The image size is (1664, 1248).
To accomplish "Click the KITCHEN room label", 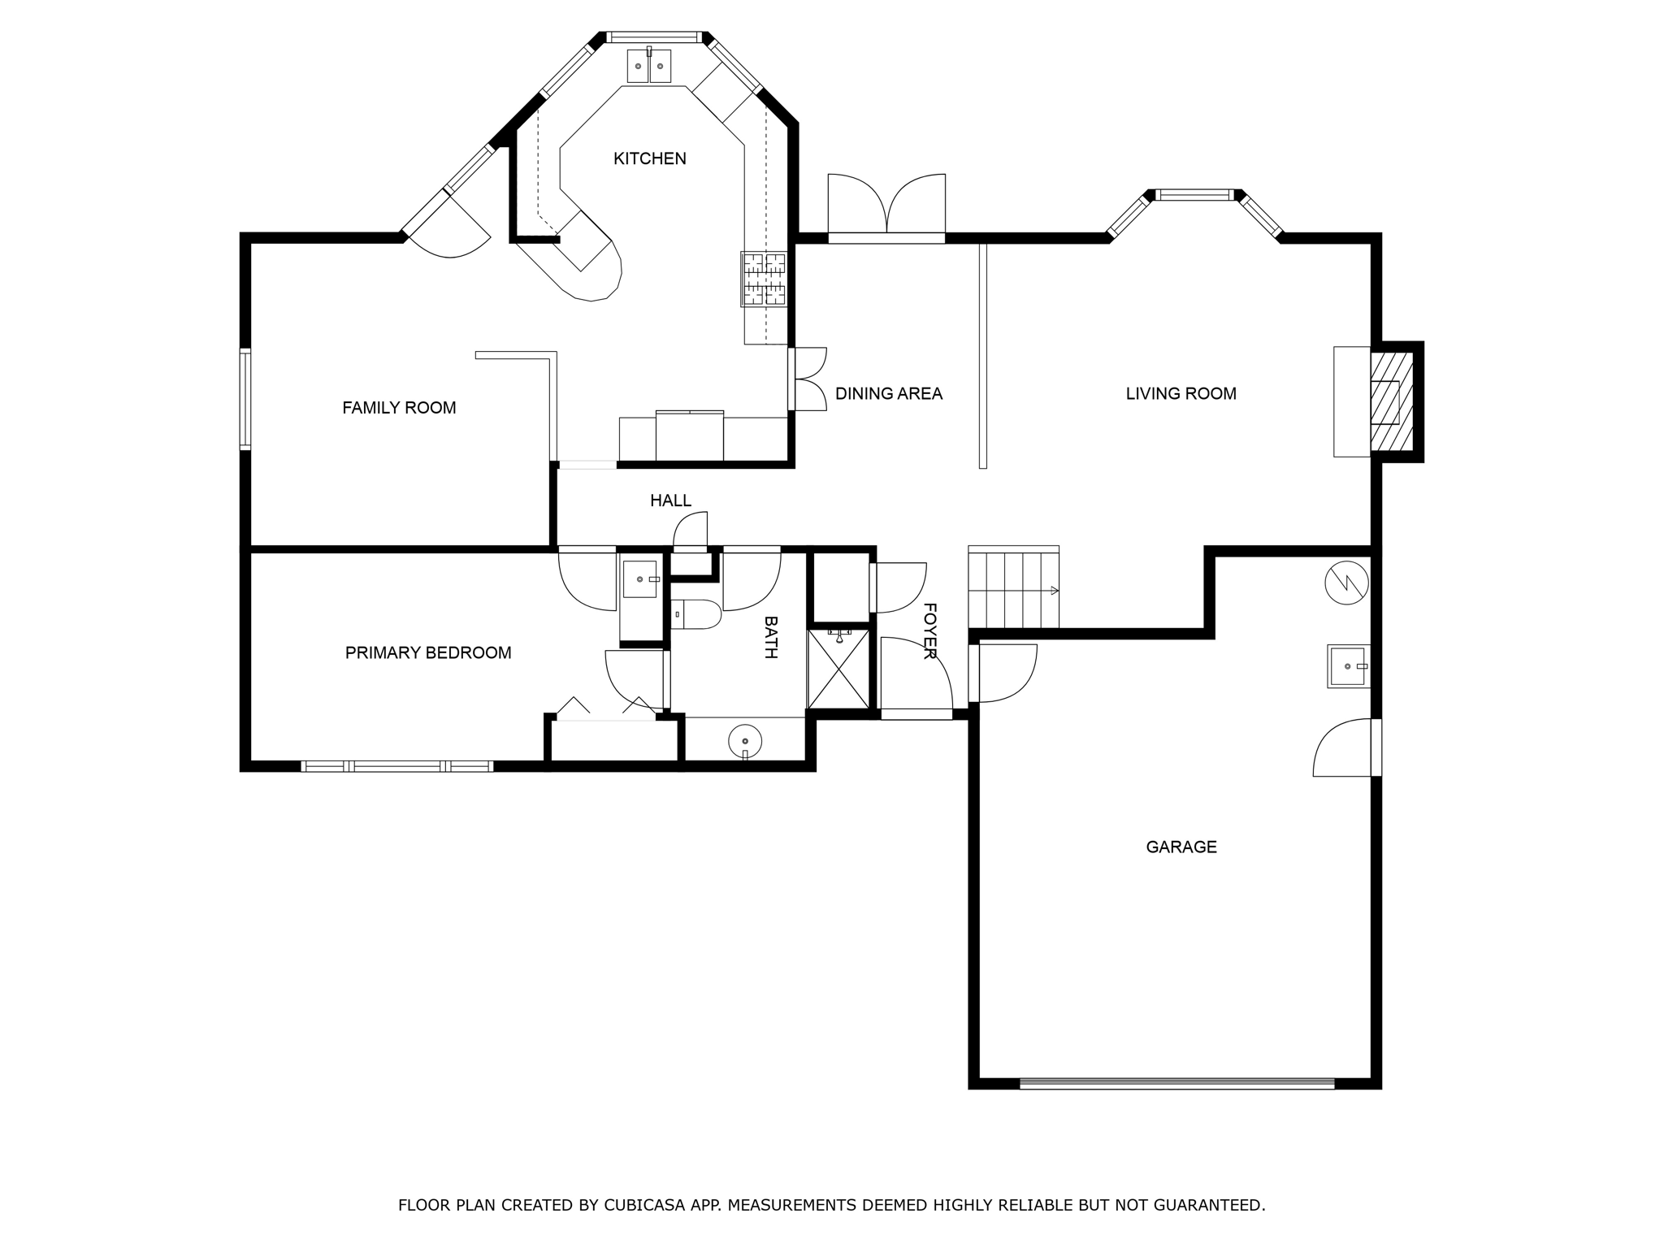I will (649, 158).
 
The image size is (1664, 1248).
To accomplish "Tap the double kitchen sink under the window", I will (649, 66).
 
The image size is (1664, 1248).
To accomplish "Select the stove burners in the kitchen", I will (764, 279).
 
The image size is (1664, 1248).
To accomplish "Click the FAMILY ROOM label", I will (399, 408).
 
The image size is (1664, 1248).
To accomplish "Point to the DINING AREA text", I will (889, 394).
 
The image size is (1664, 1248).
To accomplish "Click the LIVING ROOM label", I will (1181, 394).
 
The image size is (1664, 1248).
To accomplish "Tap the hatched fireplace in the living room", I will (1390, 402).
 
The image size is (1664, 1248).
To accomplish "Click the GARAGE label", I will (1181, 847).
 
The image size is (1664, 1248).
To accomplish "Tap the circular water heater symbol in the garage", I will (1346, 583).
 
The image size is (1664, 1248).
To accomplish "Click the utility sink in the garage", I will (1347, 666).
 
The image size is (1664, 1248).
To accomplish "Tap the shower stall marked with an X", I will (838, 669).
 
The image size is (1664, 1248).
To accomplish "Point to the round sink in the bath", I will (745, 741).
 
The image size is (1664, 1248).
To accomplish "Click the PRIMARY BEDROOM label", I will (428, 653).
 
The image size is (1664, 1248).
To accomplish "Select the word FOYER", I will (930, 631).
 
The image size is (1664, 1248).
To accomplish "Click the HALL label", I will (670, 501).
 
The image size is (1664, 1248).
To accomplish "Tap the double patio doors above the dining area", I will (886, 207).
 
